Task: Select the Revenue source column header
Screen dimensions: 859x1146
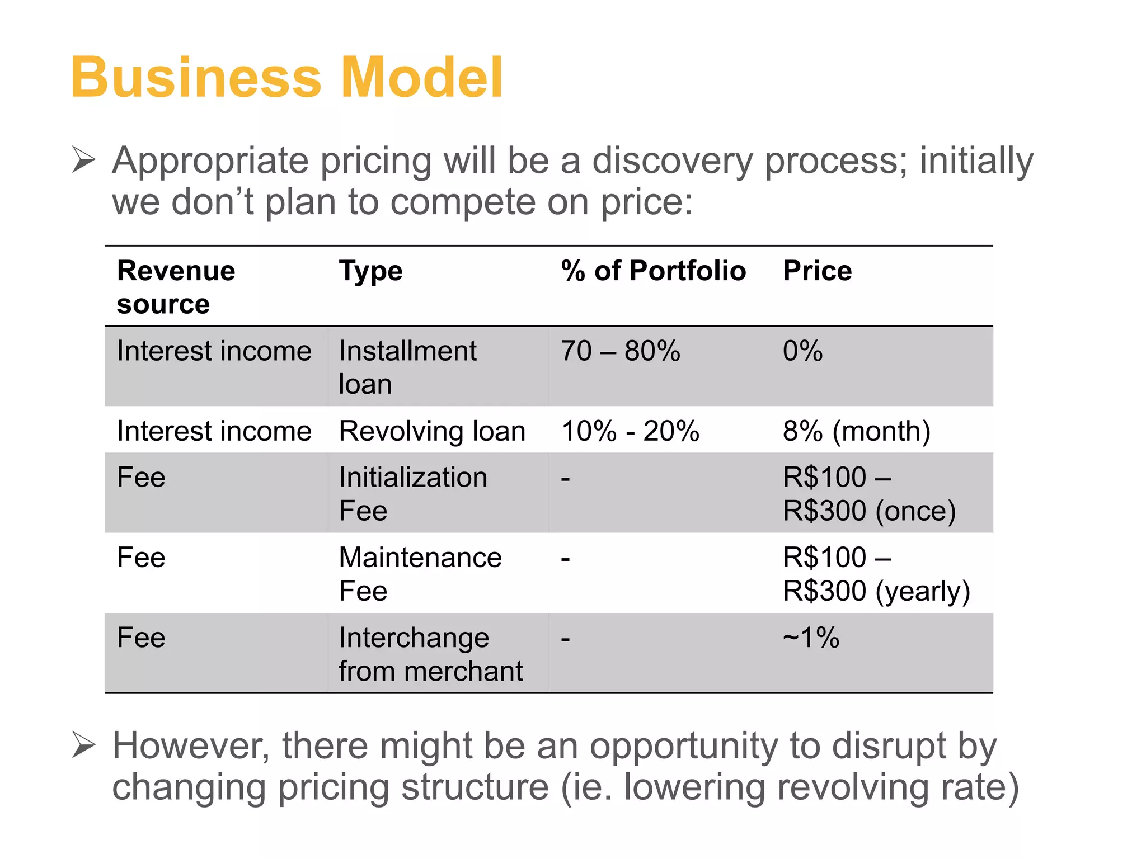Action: [176, 287]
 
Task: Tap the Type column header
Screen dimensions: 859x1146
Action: [370, 271]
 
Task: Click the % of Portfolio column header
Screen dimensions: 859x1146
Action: [653, 271]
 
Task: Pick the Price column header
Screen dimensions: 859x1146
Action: [817, 271]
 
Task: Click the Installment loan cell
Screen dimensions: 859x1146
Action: [407, 367]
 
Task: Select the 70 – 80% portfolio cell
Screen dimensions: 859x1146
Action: [620, 351]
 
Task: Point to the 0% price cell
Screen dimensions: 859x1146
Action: [802, 351]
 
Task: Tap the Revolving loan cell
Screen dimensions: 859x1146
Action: [432, 431]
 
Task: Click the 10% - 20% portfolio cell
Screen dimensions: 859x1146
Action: [630, 431]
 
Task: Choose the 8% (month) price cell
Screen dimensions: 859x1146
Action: [856, 431]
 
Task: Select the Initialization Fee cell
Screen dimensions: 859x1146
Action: [413, 494]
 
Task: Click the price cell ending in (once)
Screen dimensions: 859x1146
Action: [868, 494]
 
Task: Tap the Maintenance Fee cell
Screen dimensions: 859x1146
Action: [420, 574]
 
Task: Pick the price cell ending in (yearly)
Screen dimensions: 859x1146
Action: [876, 574]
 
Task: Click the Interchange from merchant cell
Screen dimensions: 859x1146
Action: [430, 654]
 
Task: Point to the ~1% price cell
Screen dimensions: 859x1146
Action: [811, 638]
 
